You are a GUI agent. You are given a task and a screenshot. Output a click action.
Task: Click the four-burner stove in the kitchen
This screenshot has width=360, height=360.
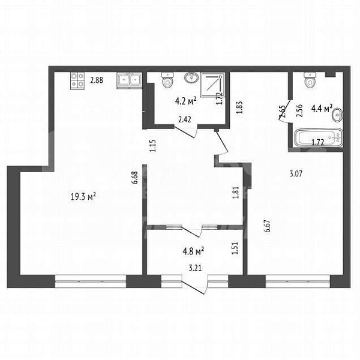pos(77,80)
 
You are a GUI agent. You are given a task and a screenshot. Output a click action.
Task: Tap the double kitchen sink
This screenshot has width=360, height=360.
pos(129,80)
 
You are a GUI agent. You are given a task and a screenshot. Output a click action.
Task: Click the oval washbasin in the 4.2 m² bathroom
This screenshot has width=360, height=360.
pos(191,78)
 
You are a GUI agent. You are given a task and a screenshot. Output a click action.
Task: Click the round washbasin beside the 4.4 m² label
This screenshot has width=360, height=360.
pos(338,114)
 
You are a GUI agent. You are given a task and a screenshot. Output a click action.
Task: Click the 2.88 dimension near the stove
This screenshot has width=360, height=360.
pos(97,79)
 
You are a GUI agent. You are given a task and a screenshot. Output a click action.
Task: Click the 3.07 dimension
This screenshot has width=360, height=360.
pos(295,175)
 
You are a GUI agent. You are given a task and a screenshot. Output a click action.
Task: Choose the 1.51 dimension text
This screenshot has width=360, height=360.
pos(236,245)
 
